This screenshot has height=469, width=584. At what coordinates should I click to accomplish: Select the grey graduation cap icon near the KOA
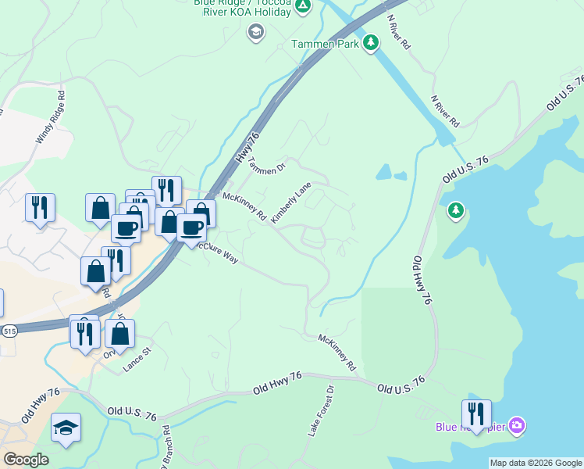pos(255,32)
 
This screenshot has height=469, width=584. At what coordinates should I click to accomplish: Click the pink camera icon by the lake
pos(516,426)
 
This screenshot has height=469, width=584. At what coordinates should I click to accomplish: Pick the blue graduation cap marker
pos(66,427)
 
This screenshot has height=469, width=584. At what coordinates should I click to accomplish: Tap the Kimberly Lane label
pos(290,203)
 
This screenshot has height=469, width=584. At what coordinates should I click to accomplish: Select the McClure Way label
pos(218,252)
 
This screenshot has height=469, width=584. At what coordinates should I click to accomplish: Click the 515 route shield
pos(8,331)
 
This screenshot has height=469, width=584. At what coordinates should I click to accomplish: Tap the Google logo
pos(26,460)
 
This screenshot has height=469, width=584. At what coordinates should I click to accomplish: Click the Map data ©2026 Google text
pos(536,463)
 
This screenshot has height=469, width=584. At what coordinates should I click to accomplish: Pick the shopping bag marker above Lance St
pos(119,333)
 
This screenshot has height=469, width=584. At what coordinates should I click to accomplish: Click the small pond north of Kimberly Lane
pos(383,171)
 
